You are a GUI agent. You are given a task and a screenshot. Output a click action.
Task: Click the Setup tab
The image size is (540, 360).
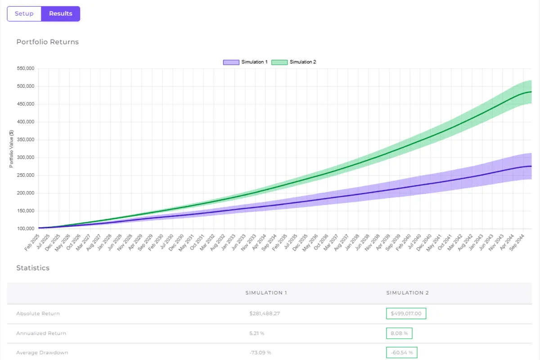point(24,13)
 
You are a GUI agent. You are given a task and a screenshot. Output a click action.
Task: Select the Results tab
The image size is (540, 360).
point(61,13)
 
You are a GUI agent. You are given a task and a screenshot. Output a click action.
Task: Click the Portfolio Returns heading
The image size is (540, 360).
point(47,42)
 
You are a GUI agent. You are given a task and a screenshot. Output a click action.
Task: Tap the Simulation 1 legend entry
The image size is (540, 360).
point(245,62)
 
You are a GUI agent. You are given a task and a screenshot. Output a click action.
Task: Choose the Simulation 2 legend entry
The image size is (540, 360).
point(294,62)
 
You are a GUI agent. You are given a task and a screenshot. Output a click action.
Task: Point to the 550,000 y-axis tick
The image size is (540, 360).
point(25,69)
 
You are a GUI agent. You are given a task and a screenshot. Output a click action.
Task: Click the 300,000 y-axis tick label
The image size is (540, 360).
point(25,157)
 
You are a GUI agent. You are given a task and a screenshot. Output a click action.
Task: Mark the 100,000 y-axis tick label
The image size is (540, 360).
point(25,229)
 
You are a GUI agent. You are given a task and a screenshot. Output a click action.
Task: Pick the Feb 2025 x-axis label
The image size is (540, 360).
point(32,236)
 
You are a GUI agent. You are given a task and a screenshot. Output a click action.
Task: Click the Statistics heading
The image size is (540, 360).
point(33,268)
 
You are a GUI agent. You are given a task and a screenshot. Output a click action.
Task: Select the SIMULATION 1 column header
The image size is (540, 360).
point(266,293)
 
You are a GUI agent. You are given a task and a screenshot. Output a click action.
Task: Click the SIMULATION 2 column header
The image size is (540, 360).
point(407,293)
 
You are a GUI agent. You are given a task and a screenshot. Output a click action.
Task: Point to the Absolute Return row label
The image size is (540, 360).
point(38,313)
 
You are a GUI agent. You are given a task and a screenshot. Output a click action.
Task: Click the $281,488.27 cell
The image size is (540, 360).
point(265,313)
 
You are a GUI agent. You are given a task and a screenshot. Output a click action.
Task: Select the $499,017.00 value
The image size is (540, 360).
point(406,313)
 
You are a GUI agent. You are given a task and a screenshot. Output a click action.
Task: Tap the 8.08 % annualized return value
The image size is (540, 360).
point(399,333)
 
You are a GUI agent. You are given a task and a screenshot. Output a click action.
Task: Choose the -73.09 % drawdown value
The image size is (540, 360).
point(261,353)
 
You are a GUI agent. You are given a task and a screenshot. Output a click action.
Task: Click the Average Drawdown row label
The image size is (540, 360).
point(42,353)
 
